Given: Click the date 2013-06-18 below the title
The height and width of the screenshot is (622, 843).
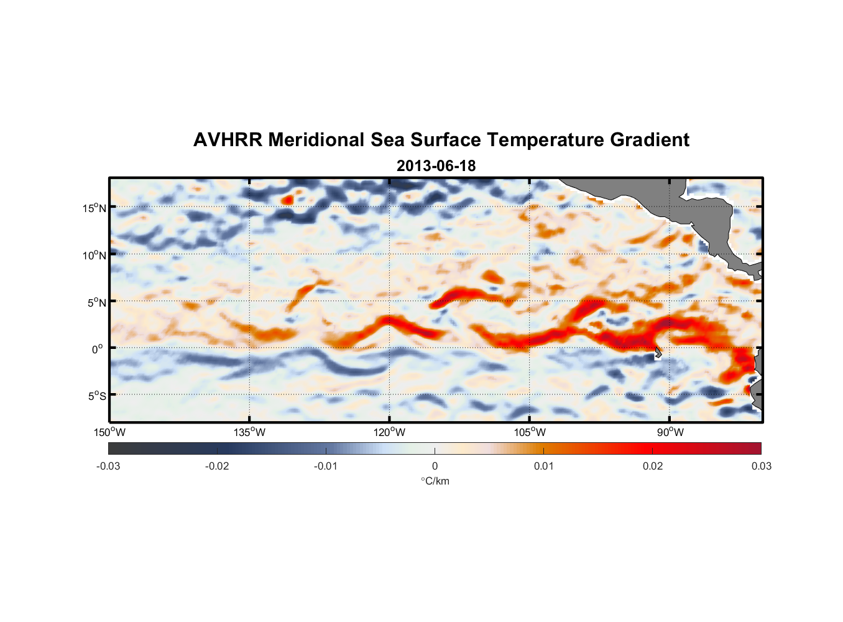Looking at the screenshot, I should click(436, 166).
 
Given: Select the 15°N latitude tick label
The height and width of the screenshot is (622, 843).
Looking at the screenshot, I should click(94, 208).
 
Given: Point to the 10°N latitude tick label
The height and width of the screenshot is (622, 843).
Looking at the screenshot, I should click(94, 255).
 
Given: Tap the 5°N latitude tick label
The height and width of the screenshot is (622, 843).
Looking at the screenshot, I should click(96, 302).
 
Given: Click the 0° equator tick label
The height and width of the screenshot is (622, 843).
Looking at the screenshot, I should click(98, 349).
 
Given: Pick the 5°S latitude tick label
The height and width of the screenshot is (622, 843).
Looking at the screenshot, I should click(96, 396).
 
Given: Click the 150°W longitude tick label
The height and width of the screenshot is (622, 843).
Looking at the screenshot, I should click(109, 432).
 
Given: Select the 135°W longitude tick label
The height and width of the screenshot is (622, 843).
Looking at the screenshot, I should click(249, 432).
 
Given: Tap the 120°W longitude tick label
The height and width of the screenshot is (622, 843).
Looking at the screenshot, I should click(390, 432).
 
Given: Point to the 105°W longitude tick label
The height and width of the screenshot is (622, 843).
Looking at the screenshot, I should click(530, 432).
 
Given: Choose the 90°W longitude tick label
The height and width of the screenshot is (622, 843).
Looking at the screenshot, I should click(670, 432).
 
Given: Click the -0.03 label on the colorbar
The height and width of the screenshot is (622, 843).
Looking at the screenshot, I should click(108, 466).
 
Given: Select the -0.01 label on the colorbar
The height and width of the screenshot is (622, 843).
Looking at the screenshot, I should click(326, 466).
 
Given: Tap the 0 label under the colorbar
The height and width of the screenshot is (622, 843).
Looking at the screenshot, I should click(435, 466).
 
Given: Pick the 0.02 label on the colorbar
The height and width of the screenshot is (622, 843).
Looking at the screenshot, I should click(652, 466).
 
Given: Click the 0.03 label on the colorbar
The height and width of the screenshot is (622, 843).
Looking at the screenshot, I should click(761, 466).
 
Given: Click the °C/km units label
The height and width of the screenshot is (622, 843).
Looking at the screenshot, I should click(435, 481).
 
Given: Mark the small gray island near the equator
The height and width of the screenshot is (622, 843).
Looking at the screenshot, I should click(658, 353).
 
